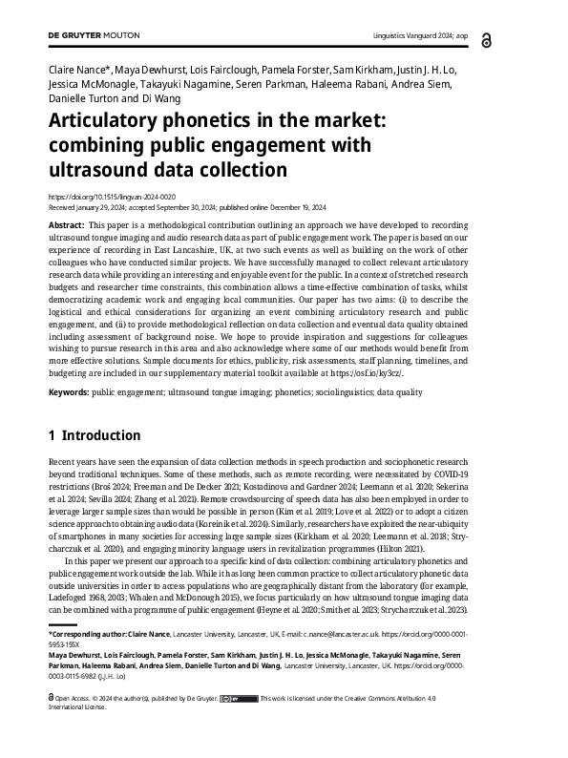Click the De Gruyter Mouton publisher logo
coord(94,35)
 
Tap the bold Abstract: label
coord(66,221)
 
